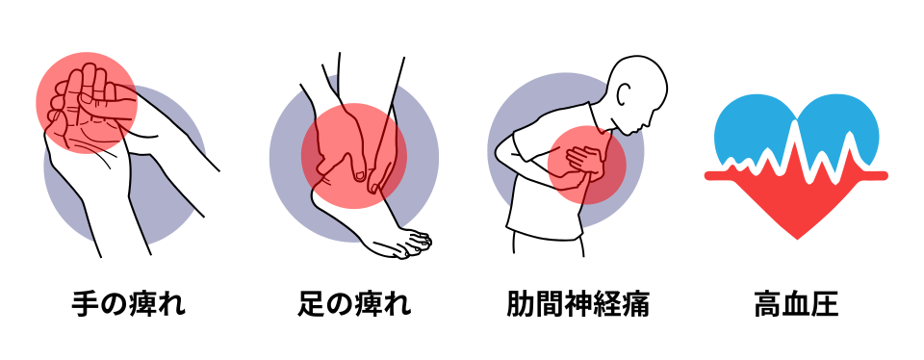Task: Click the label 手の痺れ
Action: click(128, 304)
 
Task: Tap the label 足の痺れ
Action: click(354, 304)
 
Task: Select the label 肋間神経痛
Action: click(577, 304)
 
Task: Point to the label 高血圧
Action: click(796, 304)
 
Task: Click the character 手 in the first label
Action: click(86, 304)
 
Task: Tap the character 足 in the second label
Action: click(311, 304)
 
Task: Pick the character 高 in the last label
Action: click(768, 304)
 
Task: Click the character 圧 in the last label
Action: click(825, 304)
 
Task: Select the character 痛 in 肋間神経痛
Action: click(635, 304)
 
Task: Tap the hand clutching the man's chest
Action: click(583, 160)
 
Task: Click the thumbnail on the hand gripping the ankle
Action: click(359, 174)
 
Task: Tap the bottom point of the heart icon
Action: click(797, 239)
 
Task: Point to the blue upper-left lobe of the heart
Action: click(749, 127)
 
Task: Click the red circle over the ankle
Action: click(353, 156)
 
